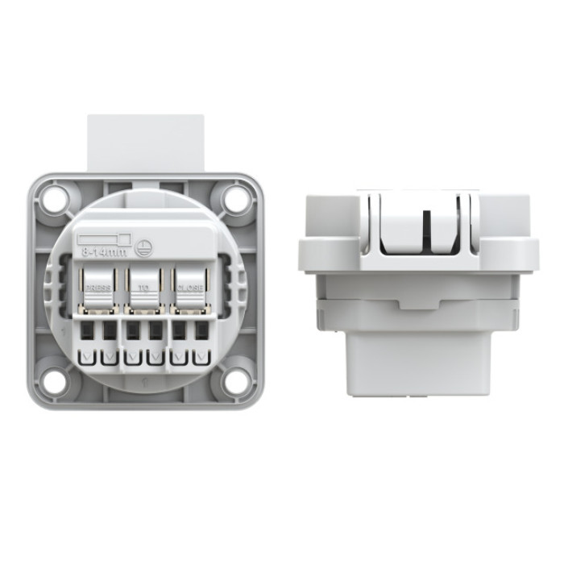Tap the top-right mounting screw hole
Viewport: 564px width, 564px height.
click(234, 197)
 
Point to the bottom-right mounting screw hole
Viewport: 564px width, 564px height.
click(234, 381)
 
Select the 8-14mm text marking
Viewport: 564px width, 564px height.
click(102, 253)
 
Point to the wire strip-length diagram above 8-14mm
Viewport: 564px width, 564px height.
click(103, 239)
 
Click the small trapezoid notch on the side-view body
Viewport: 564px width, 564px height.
click(416, 305)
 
